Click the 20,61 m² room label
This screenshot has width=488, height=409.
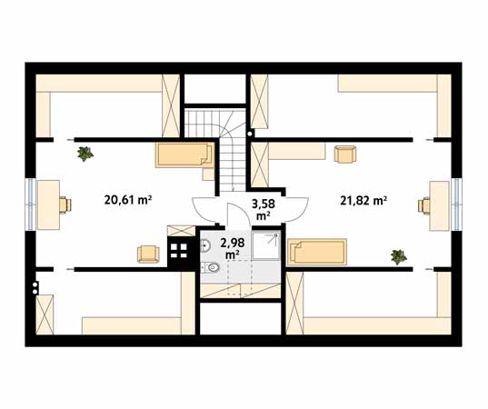click(x=128, y=200)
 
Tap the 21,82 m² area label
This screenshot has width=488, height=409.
click(x=364, y=201)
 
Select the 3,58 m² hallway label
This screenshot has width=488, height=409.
click(x=263, y=209)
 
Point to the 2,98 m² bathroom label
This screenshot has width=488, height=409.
click(x=232, y=248)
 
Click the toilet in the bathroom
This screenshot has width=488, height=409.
click(x=210, y=267)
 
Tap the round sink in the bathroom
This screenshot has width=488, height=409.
click(x=205, y=246)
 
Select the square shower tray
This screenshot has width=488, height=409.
click(x=266, y=245)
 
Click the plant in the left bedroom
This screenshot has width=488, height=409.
click(x=85, y=154)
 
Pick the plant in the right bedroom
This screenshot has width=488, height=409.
click(x=399, y=257)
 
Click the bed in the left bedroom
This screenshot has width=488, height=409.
click(x=184, y=155)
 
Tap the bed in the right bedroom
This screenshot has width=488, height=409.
click(x=317, y=252)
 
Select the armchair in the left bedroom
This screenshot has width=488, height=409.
click(x=148, y=254)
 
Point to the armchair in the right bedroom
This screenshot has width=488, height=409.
click(x=345, y=154)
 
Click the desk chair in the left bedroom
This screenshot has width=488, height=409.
click(x=65, y=204)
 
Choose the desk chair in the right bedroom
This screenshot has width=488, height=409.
click(x=423, y=205)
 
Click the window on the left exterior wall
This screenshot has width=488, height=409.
click(x=31, y=204)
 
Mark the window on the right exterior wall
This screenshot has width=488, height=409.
click(x=456, y=204)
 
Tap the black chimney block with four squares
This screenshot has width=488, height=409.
click(x=179, y=251)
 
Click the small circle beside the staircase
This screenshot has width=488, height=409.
click(x=250, y=134)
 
